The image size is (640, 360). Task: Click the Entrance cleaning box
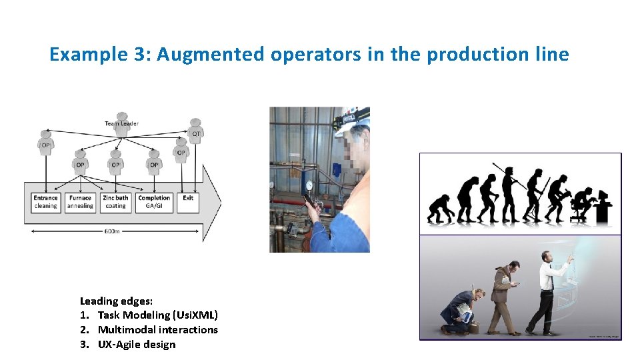[x=46, y=202]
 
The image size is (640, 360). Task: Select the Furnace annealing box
[x=81, y=202]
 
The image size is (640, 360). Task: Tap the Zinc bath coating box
[x=116, y=202]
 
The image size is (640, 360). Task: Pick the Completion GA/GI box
[x=154, y=202]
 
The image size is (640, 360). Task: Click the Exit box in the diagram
[x=188, y=202]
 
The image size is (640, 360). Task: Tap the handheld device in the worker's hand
[x=310, y=201]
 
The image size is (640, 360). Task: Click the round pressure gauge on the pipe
[x=309, y=185]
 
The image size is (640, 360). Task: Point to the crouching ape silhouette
[x=439, y=209]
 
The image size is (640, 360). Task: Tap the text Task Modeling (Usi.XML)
[x=157, y=315]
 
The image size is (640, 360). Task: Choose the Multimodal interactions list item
[x=157, y=329]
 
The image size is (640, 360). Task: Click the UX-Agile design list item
[x=137, y=344]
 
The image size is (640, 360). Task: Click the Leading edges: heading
[x=116, y=301]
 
